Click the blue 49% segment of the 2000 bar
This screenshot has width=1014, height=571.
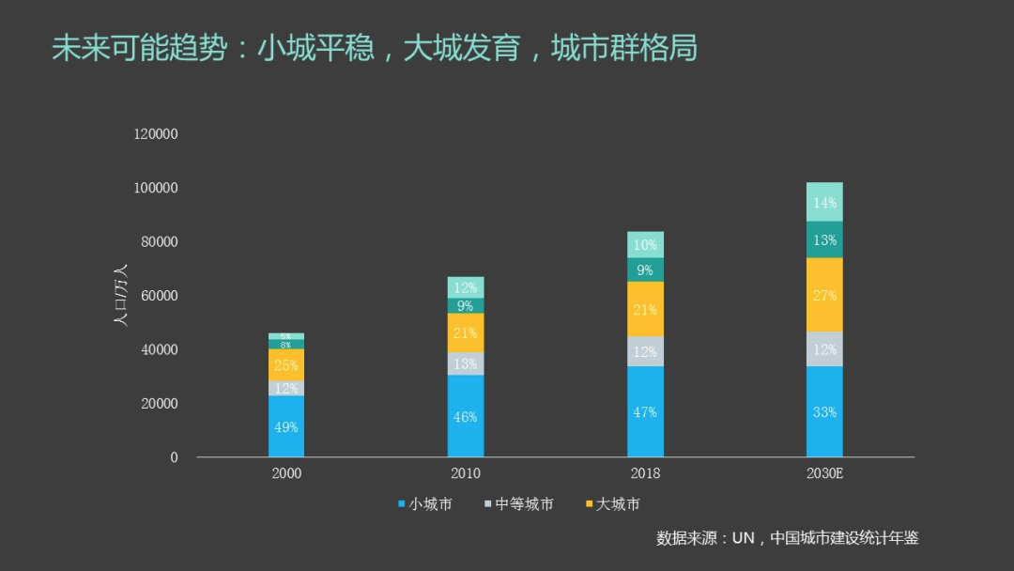click(x=286, y=426)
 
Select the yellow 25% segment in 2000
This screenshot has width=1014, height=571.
click(x=286, y=365)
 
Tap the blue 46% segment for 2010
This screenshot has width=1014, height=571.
click(x=466, y=416)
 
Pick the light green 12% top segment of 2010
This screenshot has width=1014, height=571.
click(x=466, y=287)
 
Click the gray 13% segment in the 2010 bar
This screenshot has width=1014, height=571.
click(x=466, y=363)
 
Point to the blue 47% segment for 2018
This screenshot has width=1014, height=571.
click(x=645, y=411)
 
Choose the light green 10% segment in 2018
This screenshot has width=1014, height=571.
click(x=645, y=244)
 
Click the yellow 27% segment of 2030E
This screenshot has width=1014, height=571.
click(x=824, y=295)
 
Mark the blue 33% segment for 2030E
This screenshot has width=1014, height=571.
click(x=824, y=411)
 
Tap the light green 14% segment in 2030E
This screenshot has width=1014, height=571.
click(x=824, y=202)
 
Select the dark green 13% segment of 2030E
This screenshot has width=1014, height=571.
click(x=824, y=239)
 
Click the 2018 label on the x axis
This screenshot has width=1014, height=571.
click(x=645, y=473)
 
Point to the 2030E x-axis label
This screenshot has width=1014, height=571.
click(x=824, y=473)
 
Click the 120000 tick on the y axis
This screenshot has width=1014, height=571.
click(x=156, y=134)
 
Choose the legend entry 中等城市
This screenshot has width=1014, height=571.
click(x=519, y=504)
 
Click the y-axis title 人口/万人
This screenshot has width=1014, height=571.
click(x=120, y=295)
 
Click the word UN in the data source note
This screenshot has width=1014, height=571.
click(x=744, y=538)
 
